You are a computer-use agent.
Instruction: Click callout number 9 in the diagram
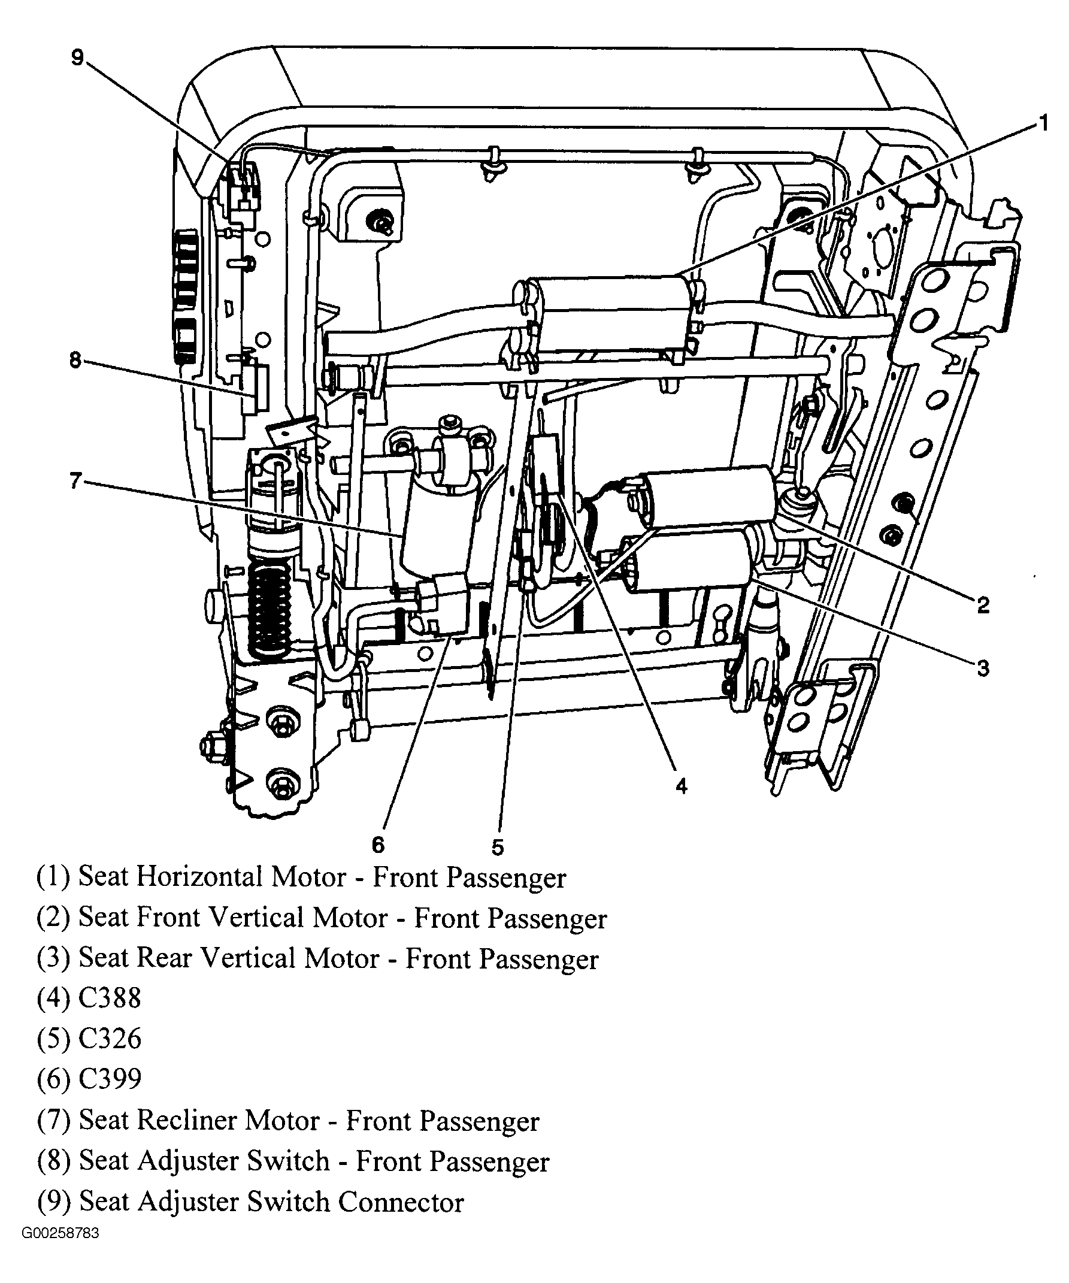77,58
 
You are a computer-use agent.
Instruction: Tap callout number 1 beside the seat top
1043,124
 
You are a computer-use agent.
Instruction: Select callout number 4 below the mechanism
681,786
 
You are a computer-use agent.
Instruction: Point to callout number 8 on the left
75,361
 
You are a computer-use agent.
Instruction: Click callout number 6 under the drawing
378,846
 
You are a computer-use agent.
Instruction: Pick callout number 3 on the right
983,668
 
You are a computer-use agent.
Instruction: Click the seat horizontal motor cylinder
611,314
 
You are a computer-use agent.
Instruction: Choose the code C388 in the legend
110,998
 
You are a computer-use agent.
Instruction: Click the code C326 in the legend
110,1039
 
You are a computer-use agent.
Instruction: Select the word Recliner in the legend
187,1121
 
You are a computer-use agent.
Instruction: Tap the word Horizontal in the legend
199,877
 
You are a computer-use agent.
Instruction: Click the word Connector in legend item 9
401,1202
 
